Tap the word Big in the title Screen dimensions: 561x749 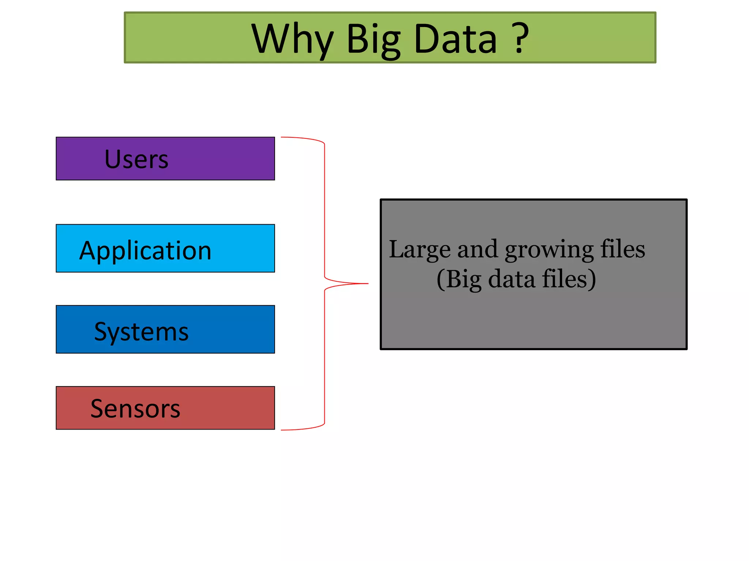click(373, 39)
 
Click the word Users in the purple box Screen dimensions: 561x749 click(136, 160)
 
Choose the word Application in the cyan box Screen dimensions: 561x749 click(145, 251)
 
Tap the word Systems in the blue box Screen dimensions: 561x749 click(141, 332)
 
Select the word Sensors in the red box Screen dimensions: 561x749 click(135, 409)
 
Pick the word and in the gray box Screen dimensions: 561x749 click(478, 249)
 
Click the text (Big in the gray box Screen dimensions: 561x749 click(459, 279)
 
